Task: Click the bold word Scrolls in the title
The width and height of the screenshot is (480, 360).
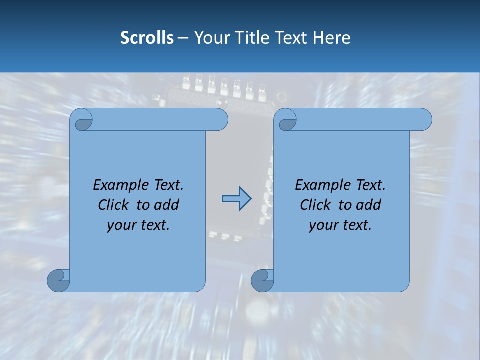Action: tap(147, 37)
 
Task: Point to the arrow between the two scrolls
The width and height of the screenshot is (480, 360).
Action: tap(236, 199)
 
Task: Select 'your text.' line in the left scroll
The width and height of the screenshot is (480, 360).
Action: tap(138, 225)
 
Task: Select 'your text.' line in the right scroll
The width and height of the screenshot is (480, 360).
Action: tap(340, 225)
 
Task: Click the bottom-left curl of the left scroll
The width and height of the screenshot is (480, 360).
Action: tap(58, 281)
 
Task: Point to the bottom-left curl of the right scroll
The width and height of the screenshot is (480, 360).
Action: tap(262, 281)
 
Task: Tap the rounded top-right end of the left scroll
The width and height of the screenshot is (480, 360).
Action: tap(220, 119)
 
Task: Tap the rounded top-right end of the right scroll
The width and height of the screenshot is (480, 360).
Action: tap(424, 119)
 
